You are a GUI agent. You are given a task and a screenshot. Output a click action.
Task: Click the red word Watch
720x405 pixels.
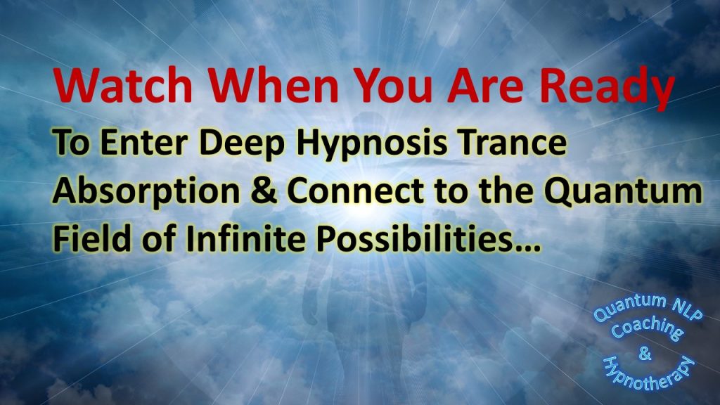click(124, 85)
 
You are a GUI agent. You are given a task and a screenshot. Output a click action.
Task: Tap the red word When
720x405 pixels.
click(274, 85)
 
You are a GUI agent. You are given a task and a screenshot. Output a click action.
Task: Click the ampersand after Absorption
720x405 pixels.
click(264, 191)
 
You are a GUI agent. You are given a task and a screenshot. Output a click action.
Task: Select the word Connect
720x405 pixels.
click(355, 191)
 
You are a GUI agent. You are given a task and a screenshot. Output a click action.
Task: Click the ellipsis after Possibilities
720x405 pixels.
click(527, 247)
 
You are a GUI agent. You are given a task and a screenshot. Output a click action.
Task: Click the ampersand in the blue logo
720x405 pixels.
click(645, 354)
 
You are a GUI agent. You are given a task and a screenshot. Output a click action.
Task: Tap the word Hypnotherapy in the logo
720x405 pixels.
click(648, 373)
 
